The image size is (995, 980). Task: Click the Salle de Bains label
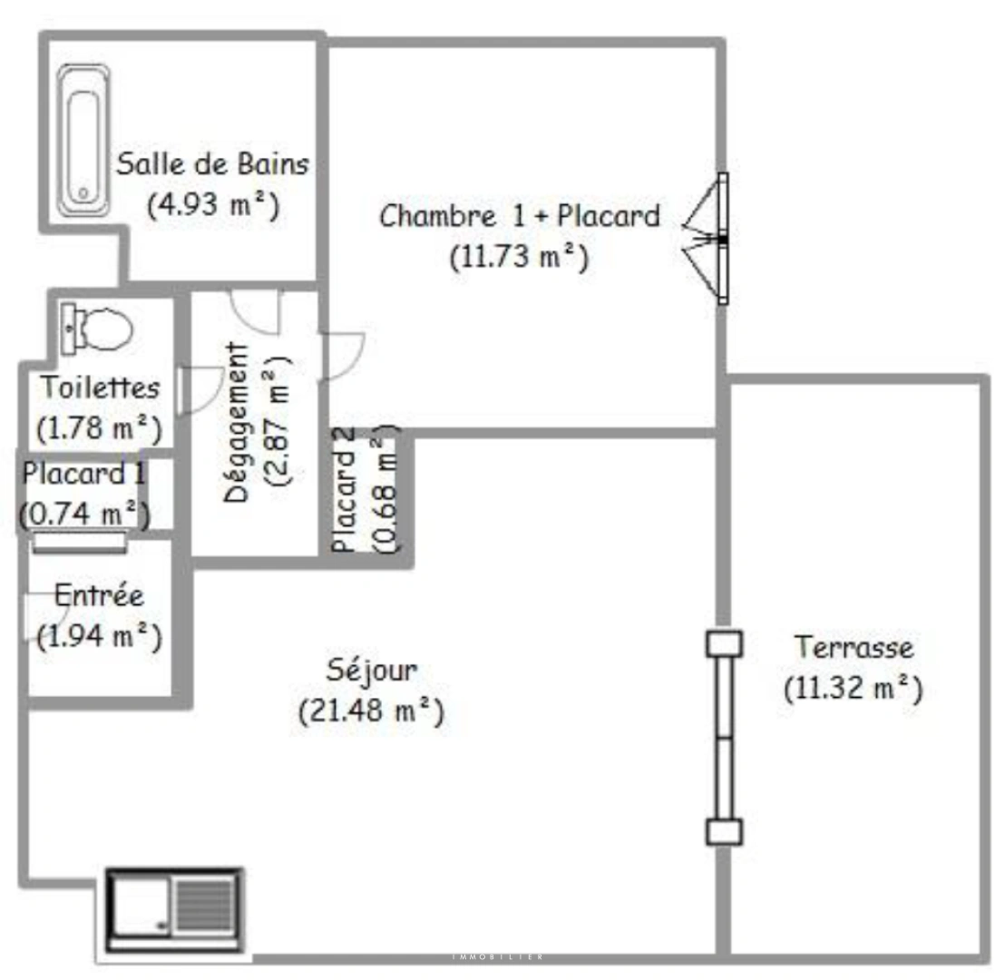[x=213, y=165]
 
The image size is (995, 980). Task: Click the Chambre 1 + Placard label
[x=519, y=217]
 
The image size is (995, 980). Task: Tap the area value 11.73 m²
[x=519, y=257]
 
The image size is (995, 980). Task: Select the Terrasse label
[x=854, y=648]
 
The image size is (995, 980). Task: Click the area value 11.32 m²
[x=854, y=689]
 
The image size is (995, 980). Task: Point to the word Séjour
[x=372, y=671]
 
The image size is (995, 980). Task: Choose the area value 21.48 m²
[x=372, y=711]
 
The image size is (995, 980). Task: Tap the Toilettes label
[x=100, y=387]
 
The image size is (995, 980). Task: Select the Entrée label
[x=99, y=596]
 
